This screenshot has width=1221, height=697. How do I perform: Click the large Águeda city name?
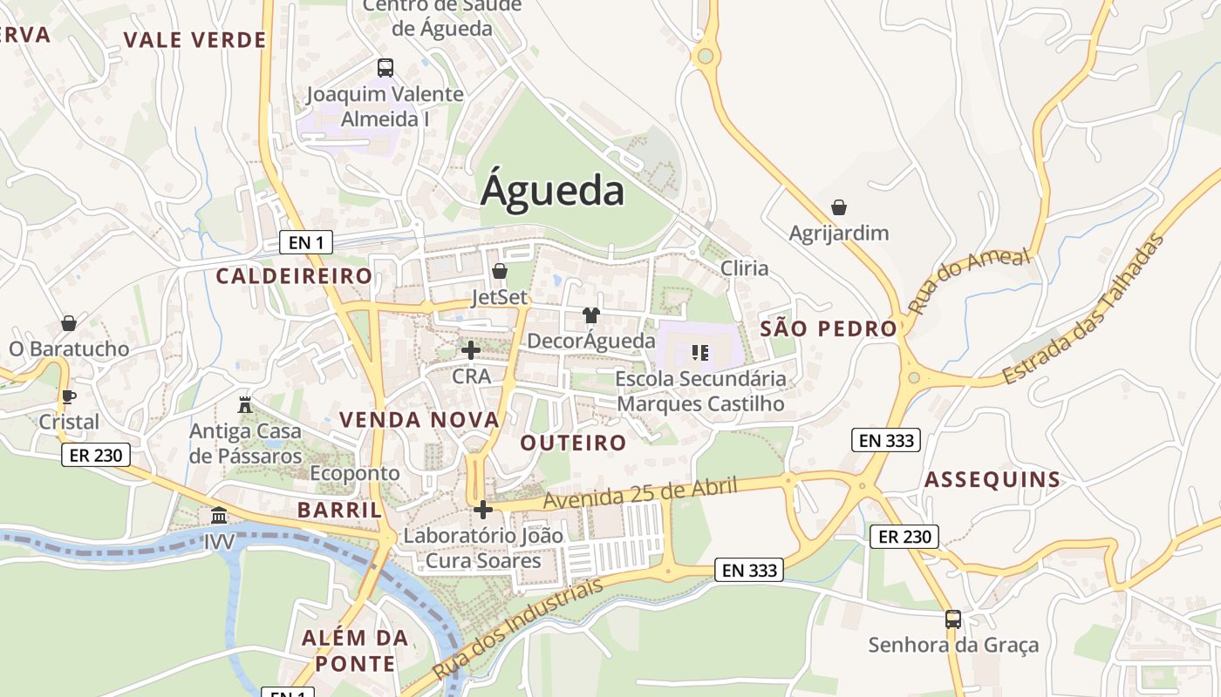pos(552,191)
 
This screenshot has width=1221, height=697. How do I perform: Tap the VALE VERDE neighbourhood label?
pos(194,40)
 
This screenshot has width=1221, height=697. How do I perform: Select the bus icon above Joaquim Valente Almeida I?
pos(385,67)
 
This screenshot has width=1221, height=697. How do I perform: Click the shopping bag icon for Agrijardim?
pos(838,207)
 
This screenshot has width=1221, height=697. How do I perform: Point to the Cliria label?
pos(744,267)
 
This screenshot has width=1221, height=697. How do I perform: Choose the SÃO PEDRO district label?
pos(828,328)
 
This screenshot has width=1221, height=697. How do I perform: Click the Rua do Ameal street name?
pos(969,282)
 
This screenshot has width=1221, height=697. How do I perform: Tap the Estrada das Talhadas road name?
pos(1083,310)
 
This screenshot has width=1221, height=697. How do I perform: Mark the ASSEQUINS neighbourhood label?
pos(992,479)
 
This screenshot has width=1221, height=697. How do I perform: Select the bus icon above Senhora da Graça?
pos(953,619)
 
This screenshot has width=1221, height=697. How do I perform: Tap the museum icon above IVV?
pos(219,516)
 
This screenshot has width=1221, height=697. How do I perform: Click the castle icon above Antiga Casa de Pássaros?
pos(245,405)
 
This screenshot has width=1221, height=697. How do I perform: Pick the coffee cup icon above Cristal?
pos(69,397)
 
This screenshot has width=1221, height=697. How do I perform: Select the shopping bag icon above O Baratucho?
pos(69,323)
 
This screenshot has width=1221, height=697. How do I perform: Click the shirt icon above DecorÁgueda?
pos(591,315)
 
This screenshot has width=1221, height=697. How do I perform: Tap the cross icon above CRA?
pos(471,350)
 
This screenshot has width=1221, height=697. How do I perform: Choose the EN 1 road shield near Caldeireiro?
pos(306,242)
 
